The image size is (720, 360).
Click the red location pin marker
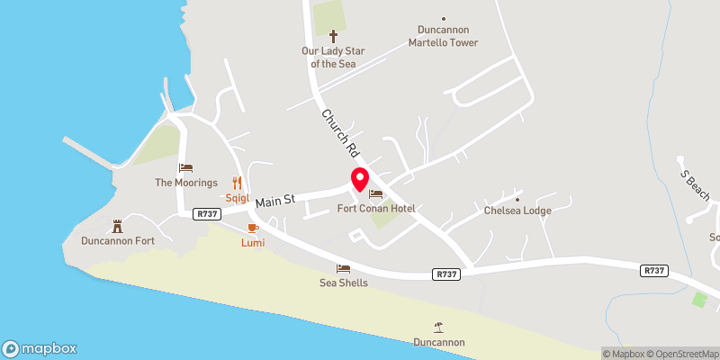(359, 178)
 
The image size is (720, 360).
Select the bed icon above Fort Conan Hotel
(375, 194)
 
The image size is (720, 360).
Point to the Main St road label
(275, 202)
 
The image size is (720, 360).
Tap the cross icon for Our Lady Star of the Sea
(333, 36)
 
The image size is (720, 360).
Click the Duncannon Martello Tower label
(443, 36)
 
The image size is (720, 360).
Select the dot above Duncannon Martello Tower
(443, 18)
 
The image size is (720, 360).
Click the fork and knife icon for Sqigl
(238, 182)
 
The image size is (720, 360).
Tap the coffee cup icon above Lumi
(252, 229)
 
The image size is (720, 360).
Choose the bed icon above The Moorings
(186, 167)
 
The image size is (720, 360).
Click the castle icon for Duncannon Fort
(116, 226)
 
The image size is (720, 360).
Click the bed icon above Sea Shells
(344, 268)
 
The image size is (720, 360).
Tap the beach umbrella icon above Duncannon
(439, 327)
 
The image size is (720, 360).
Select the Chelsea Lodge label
(517, 211)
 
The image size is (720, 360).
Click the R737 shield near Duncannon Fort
(207, 213)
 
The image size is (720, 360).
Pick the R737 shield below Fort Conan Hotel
(445, 274)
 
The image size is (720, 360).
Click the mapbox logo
(40, 348)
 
